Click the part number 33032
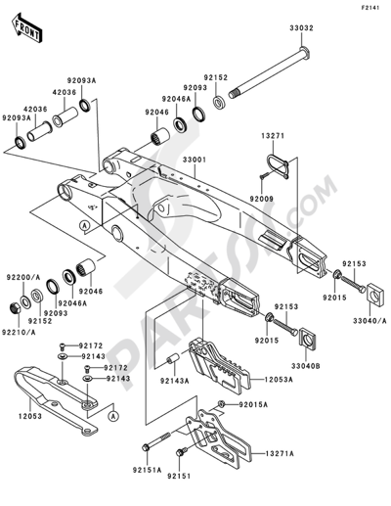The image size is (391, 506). pos(301,28)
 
